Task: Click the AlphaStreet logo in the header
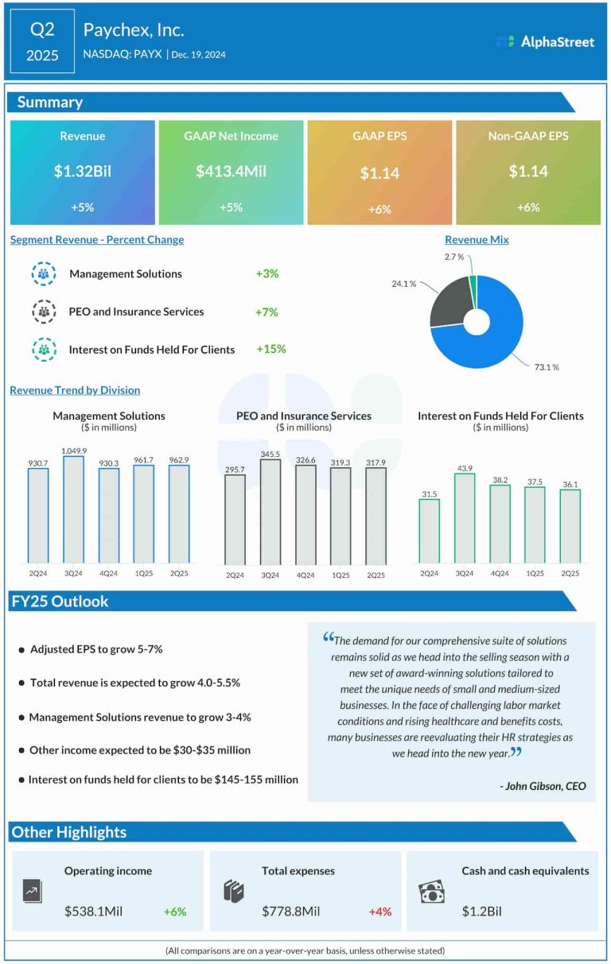pos(545,41)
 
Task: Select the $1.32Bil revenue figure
pos(82,172)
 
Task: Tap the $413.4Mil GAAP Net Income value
pos(231,172)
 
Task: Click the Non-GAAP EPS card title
pos(528,136)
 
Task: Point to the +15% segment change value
pos(270,349)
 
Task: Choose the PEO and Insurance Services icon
pos(43,312)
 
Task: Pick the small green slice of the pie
pos(473,283)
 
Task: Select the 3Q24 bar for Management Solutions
pos(74,509)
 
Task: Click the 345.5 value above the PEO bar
pos(270,453)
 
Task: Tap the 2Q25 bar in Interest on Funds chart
pos(570,525)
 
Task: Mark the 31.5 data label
pos(429,494)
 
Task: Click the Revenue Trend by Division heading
pos(75,390)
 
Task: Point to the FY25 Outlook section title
pos(60,602)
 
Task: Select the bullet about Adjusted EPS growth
pos(96,649)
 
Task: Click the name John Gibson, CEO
pos(543,786)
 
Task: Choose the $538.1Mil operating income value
pos(94,912)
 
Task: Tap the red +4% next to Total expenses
pos(379,912)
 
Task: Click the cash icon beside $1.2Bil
pos(431,893)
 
